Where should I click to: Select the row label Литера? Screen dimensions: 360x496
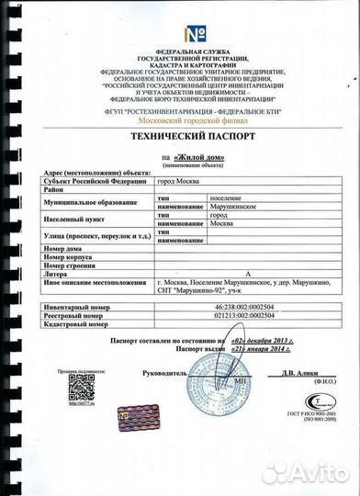click(56, 274)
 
